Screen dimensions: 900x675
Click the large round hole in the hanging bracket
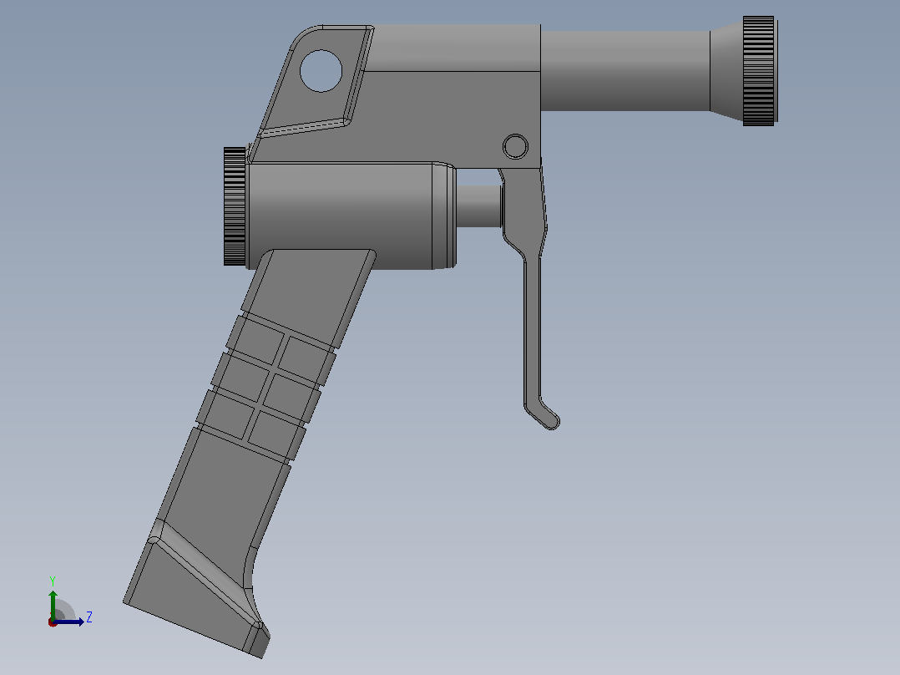point(321,71)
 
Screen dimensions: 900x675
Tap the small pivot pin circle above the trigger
point(515,146)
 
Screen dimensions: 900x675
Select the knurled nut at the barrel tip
point(760,71)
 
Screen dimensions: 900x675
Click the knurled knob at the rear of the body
point(235,206)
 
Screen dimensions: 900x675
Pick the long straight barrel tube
point(625,71)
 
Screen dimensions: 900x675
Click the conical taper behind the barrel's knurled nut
point(726,71)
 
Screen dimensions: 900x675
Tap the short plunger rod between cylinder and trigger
point(479,206)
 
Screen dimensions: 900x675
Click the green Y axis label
point(53,581)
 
